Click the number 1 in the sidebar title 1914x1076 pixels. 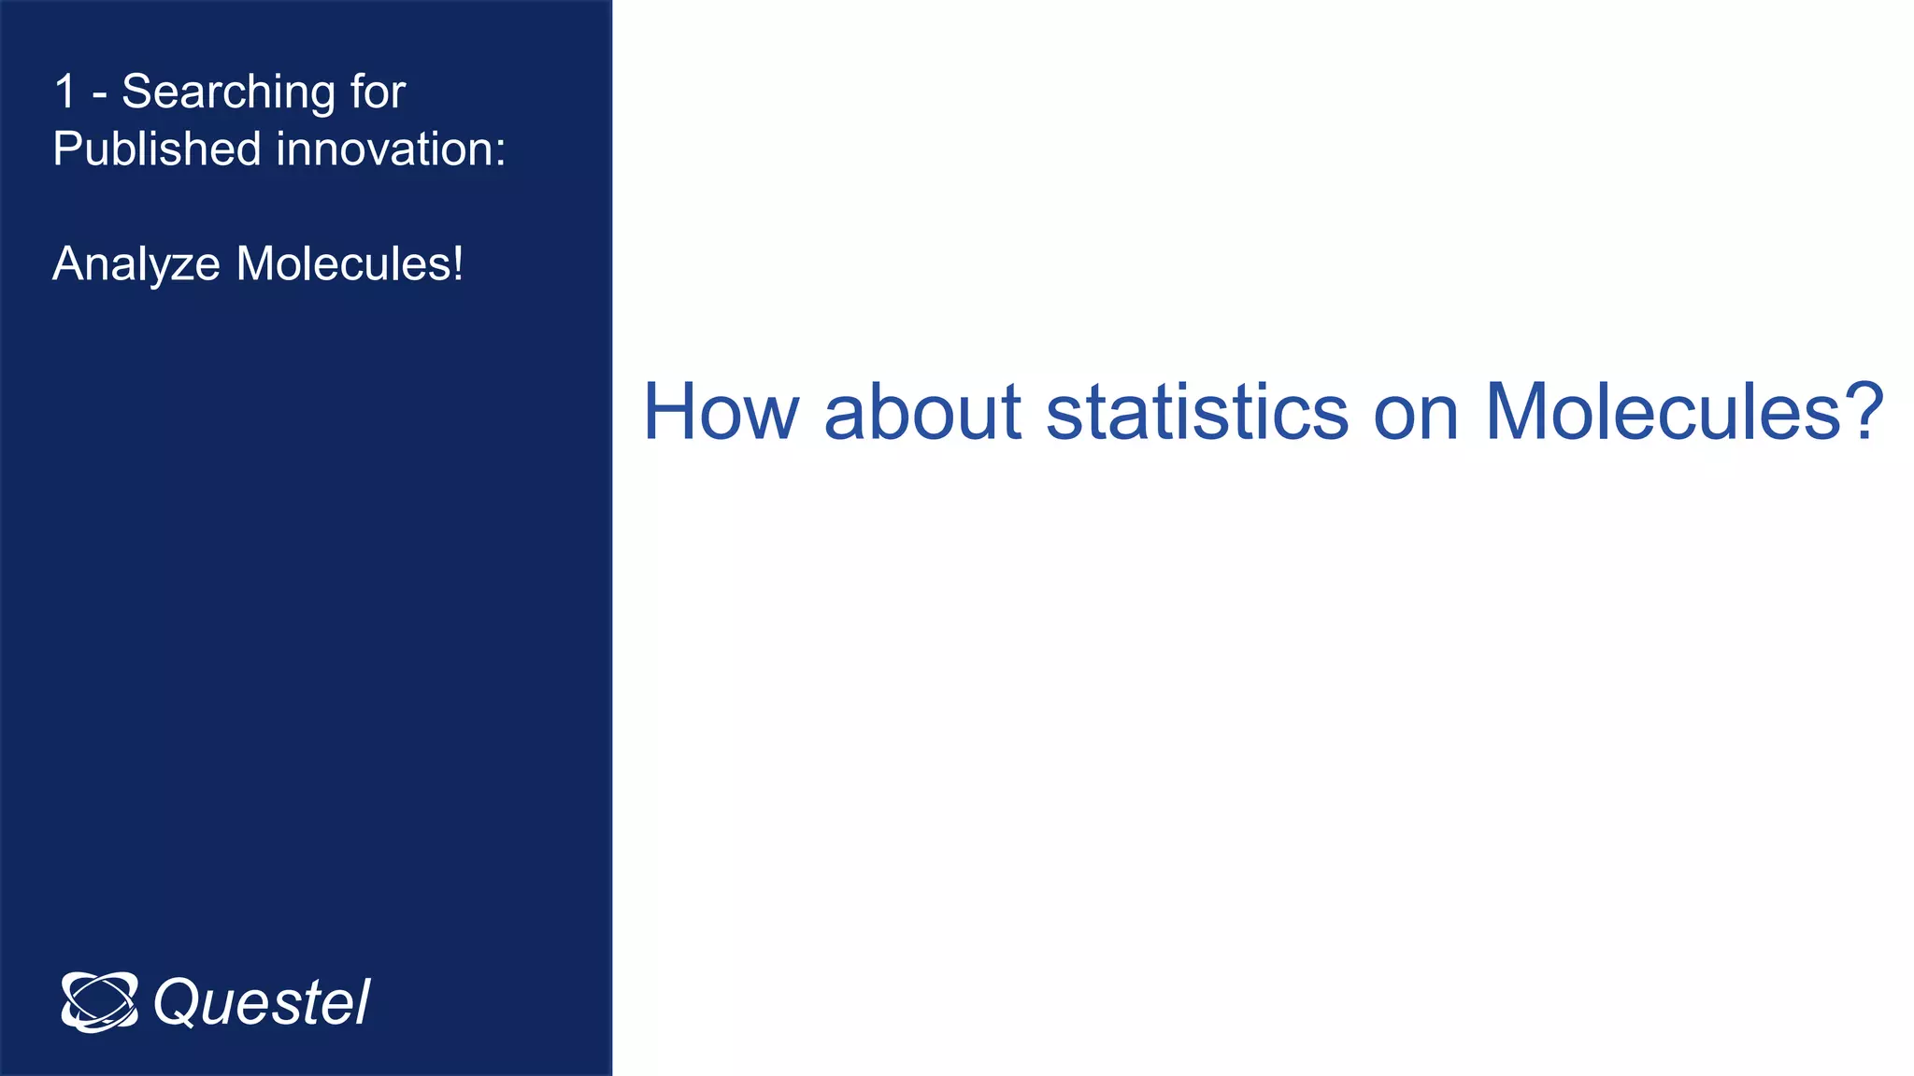coord(64,92)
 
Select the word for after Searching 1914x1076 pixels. coord(378,92)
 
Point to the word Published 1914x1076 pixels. coord(156,149)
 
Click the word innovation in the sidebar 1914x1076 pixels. coord(384,149)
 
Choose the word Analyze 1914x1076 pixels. coord(136,264)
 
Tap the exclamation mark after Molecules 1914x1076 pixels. coord(458,263)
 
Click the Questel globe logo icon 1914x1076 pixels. coord(99,1002)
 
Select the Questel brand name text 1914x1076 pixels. coord(262,1003)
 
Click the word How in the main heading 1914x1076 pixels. coord(721,412)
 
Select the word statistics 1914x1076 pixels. coord(1196,412)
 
